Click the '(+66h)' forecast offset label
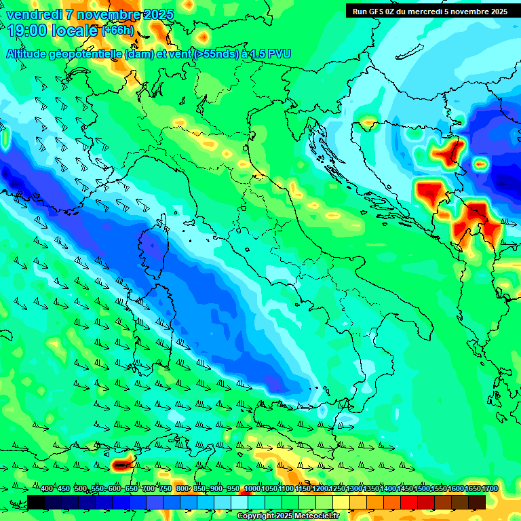[117, 31]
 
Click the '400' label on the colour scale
[47, 489]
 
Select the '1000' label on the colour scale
[252, 489]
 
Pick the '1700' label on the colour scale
[471, 489]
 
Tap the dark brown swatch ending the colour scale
[477, 502]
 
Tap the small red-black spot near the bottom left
[121, 465]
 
